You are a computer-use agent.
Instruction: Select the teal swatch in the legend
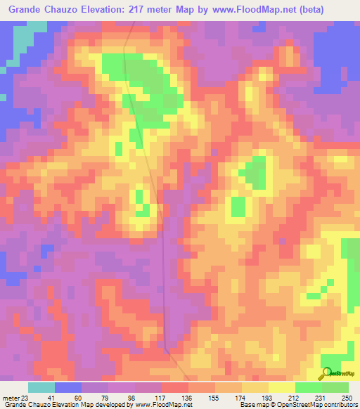[41, 387]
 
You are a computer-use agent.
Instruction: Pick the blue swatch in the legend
[68, 387]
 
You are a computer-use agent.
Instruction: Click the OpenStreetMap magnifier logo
[326, 372]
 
